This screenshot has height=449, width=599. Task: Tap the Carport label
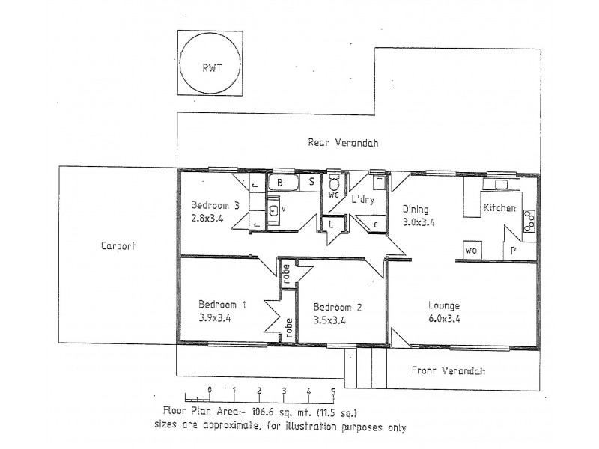click(118, 246)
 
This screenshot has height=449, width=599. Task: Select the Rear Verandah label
click(343, 143)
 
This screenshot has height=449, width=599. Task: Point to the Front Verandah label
click(448, 370)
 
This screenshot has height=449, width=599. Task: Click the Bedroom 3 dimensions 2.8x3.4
click(207, 218)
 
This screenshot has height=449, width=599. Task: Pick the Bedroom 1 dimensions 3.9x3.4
click(215, 317)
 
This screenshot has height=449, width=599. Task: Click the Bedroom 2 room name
click(338, 307)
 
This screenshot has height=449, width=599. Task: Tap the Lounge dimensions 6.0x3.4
click(444, 318)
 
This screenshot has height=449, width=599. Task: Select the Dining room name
click(416, 210)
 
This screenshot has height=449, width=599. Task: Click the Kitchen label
click(499, 208)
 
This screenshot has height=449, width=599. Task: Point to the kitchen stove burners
click(529, 221)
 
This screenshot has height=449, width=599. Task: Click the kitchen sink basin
click(501, 184)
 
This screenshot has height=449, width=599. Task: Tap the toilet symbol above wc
click(334, 183)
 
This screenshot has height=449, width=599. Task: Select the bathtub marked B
click(284, 183)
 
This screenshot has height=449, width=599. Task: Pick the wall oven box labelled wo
click(472, 250)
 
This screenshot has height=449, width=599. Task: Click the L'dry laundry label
click(363, 199)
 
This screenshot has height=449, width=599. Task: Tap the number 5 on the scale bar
click(333, 391)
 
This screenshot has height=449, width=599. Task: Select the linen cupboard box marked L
click(332, 224)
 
